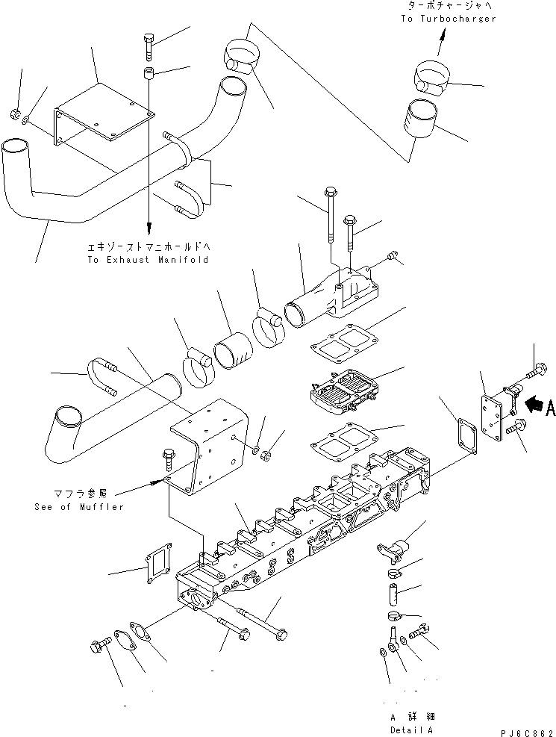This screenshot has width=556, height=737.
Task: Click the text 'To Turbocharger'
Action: (448, 19)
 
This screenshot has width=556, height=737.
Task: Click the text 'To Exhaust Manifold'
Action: (149, 260)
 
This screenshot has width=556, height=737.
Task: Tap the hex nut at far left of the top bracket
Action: (14, 113)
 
